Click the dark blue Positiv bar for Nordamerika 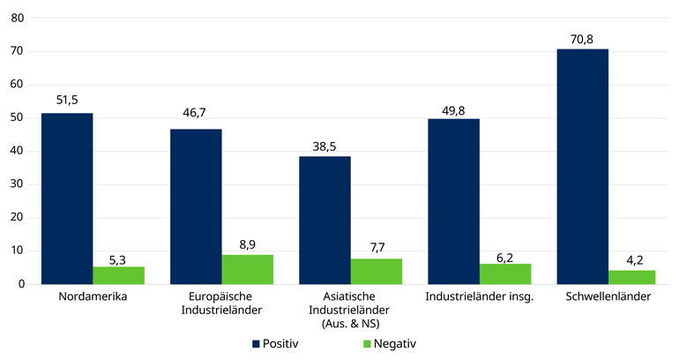tap(67, 199)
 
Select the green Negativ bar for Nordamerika tap(118, 275)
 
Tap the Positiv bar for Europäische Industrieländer tap(196, 206)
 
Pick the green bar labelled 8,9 tap(248, 269)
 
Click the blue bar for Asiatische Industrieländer tap(325, 220)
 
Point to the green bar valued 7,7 tap(377, 271)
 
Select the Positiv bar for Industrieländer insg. tap(453, 201)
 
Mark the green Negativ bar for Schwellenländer tap(634, 277)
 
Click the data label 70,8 tap(582, 39)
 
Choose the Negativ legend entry tap(388, 343)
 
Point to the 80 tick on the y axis tap(17, 18)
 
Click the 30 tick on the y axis tap(17, 184)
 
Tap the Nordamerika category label tap(93, 296)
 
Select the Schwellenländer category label tap(608, 296)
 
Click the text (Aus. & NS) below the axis tap(350, 323)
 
